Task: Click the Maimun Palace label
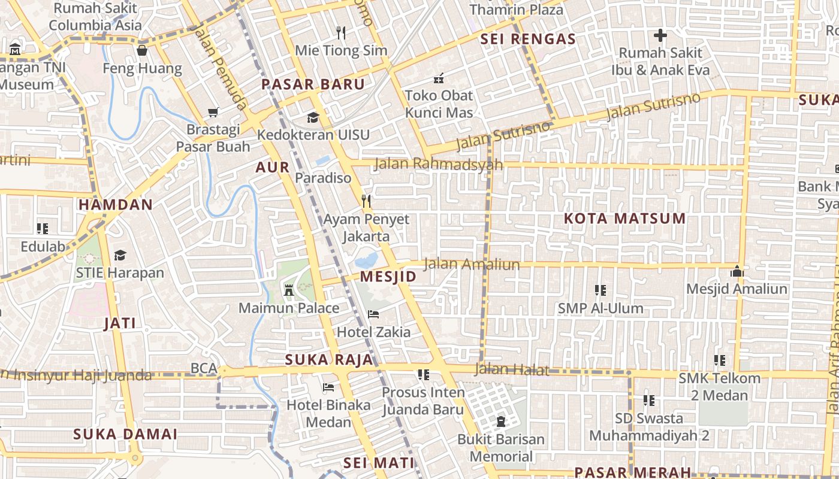289,308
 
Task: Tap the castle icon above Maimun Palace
289,290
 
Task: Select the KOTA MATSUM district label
624,219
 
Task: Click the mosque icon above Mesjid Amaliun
737,271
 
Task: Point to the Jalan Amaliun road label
472,264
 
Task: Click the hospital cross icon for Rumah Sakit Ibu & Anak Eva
660,35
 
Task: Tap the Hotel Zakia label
374,332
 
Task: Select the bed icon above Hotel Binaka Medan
328,387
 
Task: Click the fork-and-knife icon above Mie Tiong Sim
341,32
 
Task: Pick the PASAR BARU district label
313,84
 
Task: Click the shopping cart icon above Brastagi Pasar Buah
213,112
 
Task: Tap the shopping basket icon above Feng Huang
142,50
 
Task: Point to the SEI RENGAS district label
528,40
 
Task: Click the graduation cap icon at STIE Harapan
120,255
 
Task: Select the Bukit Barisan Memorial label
501,448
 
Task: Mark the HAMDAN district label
116,205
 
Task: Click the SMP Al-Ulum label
600,308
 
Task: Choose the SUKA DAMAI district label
125,434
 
